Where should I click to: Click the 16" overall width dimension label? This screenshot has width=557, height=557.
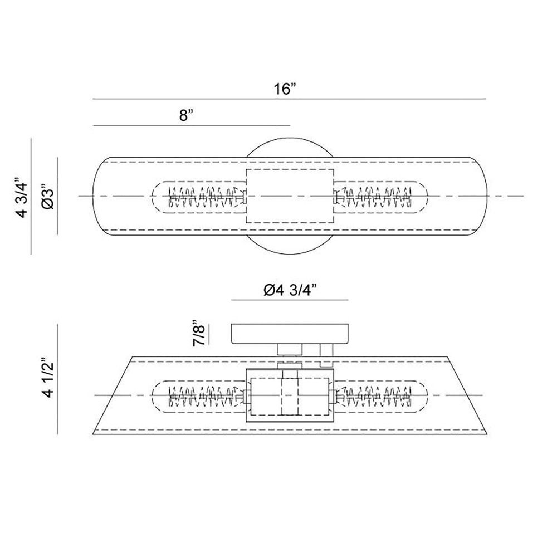tap(285, 89)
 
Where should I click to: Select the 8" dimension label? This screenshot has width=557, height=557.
tap(186, 115)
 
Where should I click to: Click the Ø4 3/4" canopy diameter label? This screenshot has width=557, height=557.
tap(290, 291)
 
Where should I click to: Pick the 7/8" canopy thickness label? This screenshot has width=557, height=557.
tap(199, 334)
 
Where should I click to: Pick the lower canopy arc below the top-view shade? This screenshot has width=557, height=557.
tap(290, 254)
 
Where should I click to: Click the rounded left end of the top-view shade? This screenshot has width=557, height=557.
tap(93, 196)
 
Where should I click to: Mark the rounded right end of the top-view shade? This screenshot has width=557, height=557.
tap(487, 196)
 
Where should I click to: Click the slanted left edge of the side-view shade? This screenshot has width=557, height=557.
tap(113, 395)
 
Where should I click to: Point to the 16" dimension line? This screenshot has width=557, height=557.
tap(289, 99)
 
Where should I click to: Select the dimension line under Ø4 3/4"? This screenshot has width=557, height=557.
tap(290, 300)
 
